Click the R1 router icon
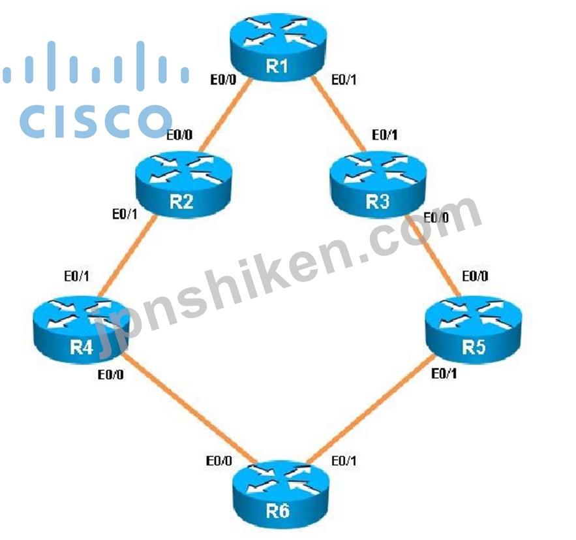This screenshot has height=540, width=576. [x=278, y=47]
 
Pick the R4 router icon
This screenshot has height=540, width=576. [x=82, y=330]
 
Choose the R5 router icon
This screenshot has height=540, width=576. [x=474, y=330]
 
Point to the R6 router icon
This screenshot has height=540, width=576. [x=281, y=494]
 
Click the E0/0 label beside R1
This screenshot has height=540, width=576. [x=223, y=80]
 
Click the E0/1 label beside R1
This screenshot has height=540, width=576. [x=344, y=80]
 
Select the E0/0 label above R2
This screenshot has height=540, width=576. [x=179, y=135]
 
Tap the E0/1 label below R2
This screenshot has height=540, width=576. [x=125, y=214]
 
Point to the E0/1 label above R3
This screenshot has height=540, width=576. [x=385, y=135]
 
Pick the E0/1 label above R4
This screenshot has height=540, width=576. [x=76, y=276]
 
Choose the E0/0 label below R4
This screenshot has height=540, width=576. [x=111, y=375]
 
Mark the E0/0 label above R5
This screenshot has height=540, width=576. [x=475, y=276]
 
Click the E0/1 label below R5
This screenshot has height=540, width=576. [x=444, y=374]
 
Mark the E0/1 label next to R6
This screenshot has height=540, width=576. [x=344, y=460]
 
